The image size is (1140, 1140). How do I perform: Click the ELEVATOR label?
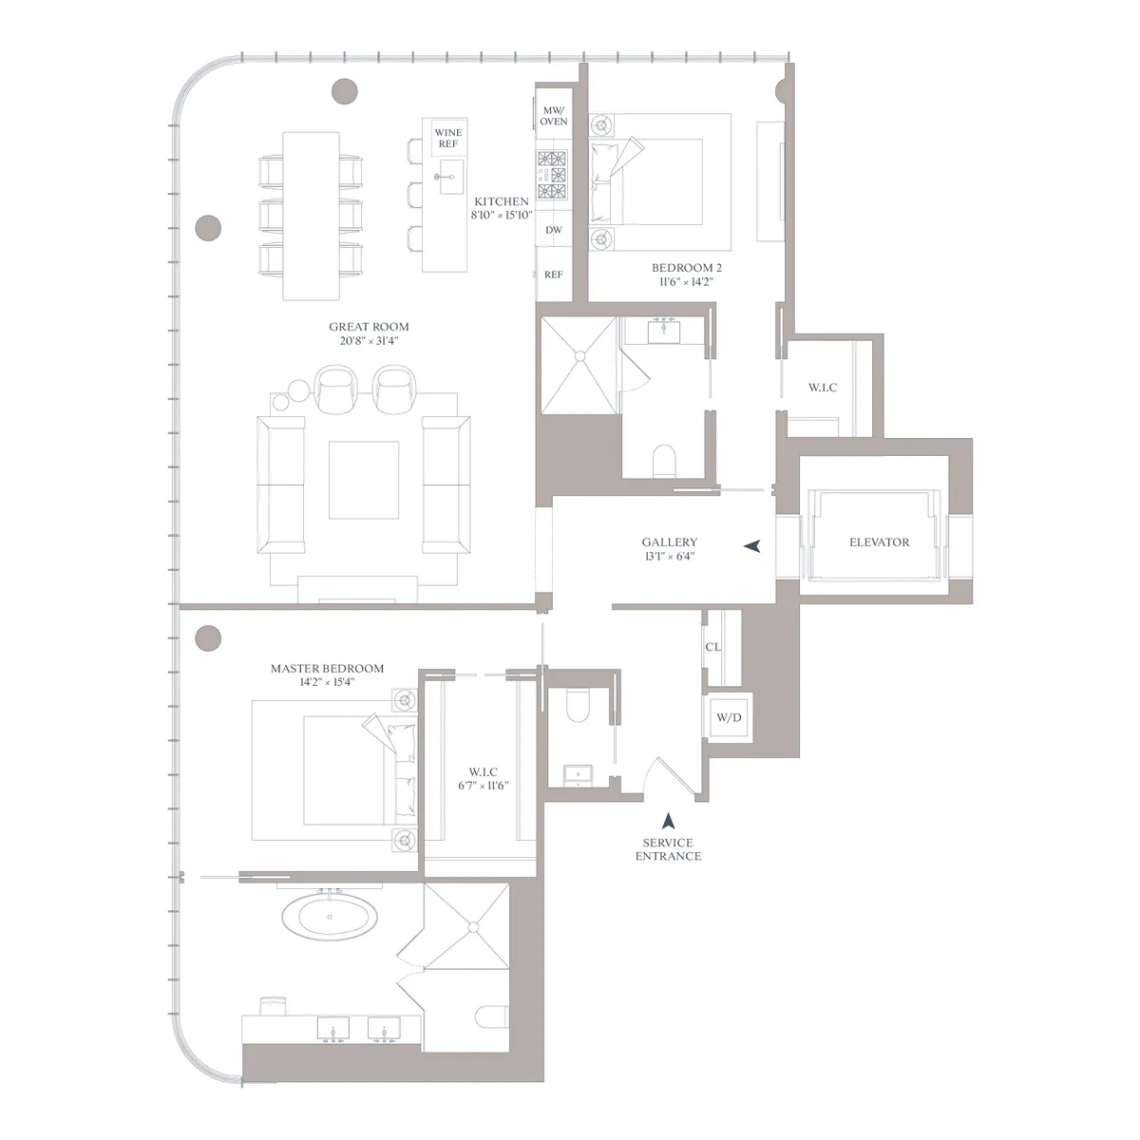[879, 542]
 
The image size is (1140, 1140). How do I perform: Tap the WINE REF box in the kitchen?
[447, 138]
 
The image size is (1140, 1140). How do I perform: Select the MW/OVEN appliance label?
[553, 116]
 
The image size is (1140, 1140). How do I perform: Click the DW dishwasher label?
[553, 230]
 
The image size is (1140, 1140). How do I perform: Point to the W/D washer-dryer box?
[729, 717]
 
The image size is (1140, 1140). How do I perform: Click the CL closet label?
[712, 647]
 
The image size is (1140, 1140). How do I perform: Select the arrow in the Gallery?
[752, 546]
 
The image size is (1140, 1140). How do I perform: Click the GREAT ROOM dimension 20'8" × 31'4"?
[369, 340]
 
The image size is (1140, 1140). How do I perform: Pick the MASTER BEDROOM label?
[327, 669]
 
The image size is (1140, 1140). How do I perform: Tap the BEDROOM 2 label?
[681, 268]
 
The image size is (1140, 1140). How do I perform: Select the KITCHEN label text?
[501, 201]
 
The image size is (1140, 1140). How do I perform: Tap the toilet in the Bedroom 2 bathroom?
[663, 462]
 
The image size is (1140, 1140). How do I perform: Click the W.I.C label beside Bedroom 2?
[822, 388]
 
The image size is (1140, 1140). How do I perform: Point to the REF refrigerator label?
[553, 275]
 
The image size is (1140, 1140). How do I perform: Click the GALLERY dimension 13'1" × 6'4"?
[669, 556]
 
